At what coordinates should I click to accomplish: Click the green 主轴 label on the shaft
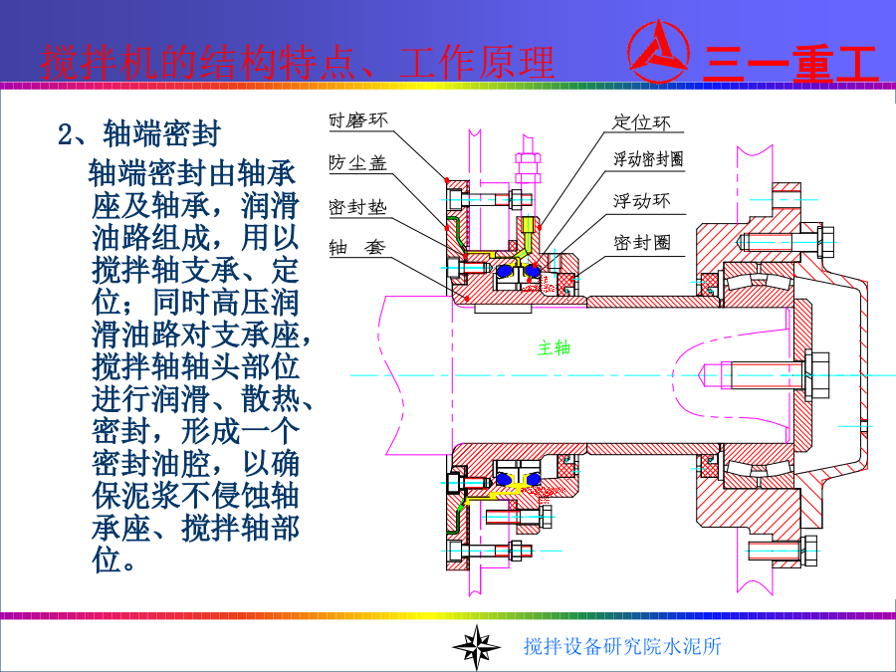coord(554,347)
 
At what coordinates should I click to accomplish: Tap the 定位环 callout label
coord(641,122)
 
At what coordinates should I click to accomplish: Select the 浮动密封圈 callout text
coord(648,159)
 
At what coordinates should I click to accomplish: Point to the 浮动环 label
coord(641,200)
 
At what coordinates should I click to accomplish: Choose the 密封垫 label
coord(357,206)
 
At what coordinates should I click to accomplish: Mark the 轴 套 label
coord(357,247)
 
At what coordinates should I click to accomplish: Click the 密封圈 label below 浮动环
coord(641,242)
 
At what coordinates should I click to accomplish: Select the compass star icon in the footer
coord(475,646)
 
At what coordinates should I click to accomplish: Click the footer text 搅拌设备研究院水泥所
coord(622,647)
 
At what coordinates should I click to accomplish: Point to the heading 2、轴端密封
coord(139,134)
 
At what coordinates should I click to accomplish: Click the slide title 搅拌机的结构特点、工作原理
coord(298,62)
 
